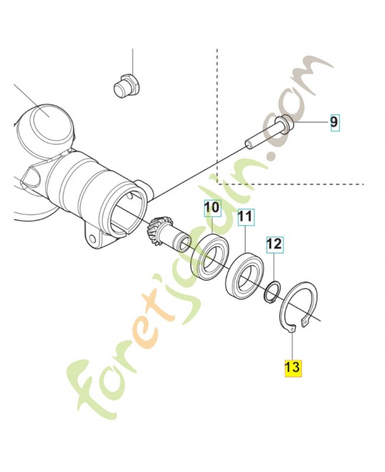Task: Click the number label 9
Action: [x=334, y=122]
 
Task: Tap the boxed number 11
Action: [x=246, y=218]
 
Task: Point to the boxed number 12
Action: [x=275, y=243]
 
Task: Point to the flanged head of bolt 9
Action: [x=285, y=124]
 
